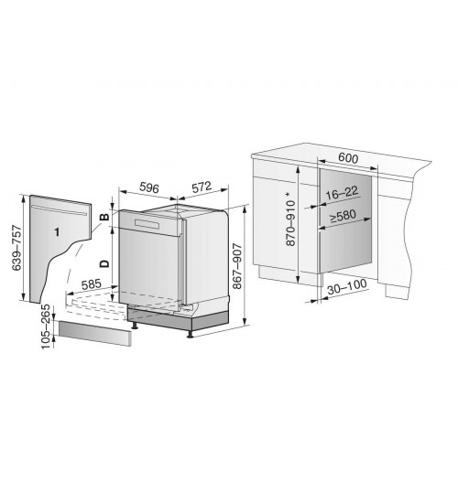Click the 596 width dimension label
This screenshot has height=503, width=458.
(x=149, y=187)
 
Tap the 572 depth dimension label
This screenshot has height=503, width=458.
(x=202, y=187)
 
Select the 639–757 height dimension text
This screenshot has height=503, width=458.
(x=16, y=248)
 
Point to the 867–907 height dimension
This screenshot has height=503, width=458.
(x=237, y=266)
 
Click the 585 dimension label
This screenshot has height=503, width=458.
(x=92, y=284)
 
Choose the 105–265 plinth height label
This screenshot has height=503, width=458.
(x=46, y=326)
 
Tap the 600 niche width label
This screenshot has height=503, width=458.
(x=348, y=158)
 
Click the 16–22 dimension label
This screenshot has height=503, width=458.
(x=342, y=193)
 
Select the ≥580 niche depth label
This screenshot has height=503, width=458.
(x=343, y=216)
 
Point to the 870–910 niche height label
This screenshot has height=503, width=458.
(x=290, y=223)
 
